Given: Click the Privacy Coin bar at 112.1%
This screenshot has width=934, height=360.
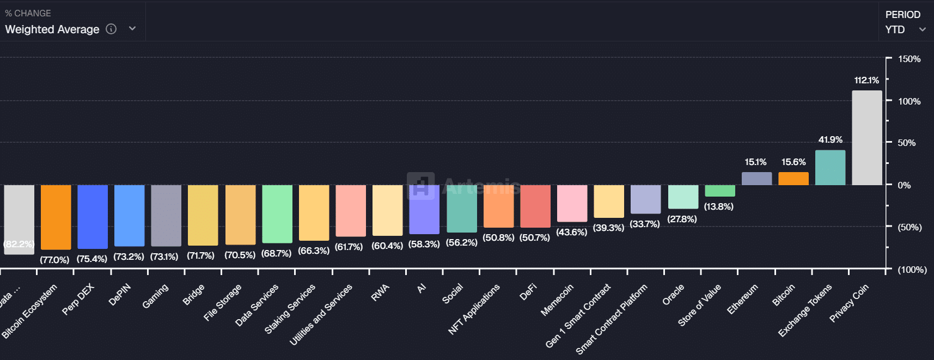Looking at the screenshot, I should pyautogui.click(x=866, y=138).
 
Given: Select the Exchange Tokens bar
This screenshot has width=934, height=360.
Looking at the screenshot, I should pyautogui.click(x=830, y=168).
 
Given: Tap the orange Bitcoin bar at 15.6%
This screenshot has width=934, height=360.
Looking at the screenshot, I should pyautogui.click(x=793, y=179).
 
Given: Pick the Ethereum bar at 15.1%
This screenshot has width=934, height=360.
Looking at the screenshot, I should pyautogui.click(x=756, y=179).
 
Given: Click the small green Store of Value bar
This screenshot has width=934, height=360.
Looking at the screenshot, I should pyautogui.click(x=719, y=191).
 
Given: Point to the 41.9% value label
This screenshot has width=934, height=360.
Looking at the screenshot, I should pyautogui.click(x=830, y=140).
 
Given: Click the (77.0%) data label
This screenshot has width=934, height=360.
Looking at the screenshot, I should pyautogui.click(x=54, y=260).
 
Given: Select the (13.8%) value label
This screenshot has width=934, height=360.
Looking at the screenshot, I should pyautogui.click(x=718, y=207).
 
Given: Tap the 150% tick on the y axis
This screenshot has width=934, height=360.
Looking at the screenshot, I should pyautogui.click(x=909, y=59).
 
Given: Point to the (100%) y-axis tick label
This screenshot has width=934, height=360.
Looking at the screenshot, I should pyautogui.click(x=912, y=270).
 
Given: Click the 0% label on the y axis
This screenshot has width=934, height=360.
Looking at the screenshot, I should pyautogui.click(x=904, y=185).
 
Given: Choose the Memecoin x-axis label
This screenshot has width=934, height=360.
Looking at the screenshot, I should pyautogui.click(x=557, y=300).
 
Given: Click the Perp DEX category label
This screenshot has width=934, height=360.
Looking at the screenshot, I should pyautogui.click(x=78, y=299).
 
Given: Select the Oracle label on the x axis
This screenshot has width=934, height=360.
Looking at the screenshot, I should pyautogui.click(x=673, y=295).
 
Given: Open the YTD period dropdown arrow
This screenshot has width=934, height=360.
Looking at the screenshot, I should pyautogui.click(x=922, y=29).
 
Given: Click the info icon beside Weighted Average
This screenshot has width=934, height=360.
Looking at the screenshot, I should pyautogui.click(x=111, y=29).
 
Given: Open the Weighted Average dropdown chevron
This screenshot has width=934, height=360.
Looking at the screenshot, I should pyautogui.click(x=132, y=29).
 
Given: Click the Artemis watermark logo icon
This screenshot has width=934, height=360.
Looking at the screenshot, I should pyautogui.click(x=420, y=186).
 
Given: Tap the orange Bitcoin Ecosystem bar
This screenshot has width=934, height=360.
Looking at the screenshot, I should pyautogui.click(x=56, y=217).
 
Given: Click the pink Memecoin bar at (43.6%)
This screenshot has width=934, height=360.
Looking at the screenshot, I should pyautogui.click(x=572, y=203).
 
